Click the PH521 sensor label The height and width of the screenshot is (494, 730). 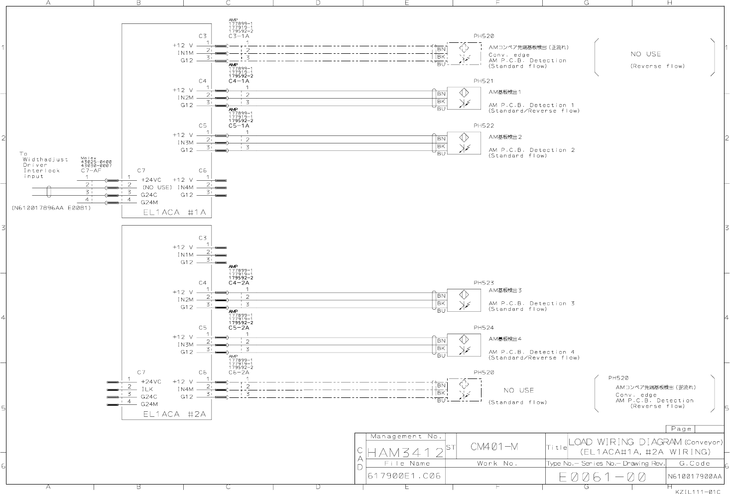484,81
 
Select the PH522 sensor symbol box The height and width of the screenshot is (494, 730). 464,142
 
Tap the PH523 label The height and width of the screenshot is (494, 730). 484,283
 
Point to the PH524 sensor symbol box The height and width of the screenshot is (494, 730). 464,345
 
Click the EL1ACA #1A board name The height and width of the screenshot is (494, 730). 174,212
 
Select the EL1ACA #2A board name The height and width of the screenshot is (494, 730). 174,414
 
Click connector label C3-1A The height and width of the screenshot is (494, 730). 239,36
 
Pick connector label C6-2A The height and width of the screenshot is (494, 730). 239,372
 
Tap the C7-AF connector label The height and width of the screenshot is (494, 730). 91,170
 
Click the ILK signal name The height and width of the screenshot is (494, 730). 147,389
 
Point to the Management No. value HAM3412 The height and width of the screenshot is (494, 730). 405,453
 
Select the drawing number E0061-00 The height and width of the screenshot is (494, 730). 603,477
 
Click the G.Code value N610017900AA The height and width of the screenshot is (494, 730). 695,477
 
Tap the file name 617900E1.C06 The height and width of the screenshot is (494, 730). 404,476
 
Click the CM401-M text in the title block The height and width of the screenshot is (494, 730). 494,447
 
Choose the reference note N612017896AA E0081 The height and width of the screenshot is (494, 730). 51,208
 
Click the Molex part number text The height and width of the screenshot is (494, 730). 96,161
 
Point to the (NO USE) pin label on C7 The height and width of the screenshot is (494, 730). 156,187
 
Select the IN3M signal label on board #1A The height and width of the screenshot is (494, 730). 185,142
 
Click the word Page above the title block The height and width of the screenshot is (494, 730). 681,429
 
